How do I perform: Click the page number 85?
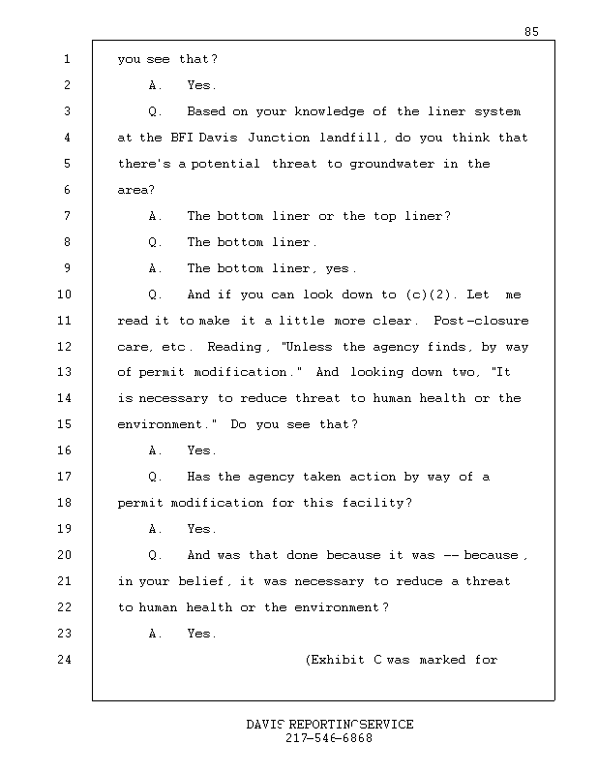pos(531,32)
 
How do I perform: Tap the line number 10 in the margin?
pos(64,294)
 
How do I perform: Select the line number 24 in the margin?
pos(64,660)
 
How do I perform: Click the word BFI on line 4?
pos(182,138)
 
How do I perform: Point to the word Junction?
pos(279,138)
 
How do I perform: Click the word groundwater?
pos(392,164)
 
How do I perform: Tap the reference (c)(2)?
pos(428,294)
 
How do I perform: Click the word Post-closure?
pos(481,321)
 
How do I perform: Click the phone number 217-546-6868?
pos(329,738)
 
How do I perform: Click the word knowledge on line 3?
pos(329,111)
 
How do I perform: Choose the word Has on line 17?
pos(198,477)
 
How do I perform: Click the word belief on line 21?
pos(200,581)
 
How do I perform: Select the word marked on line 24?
pos(442,660)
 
